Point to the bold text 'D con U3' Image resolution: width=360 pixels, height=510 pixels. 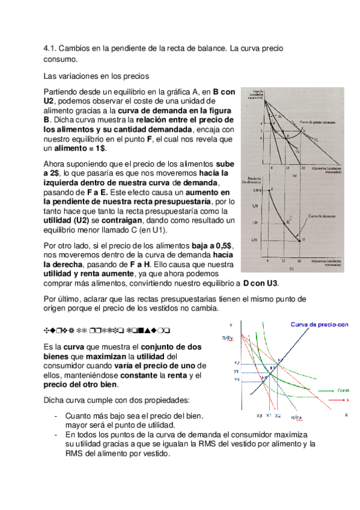coord(260,284)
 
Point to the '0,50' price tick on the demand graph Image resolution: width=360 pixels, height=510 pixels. coord(255,239)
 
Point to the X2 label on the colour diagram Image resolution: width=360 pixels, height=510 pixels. coord(277,416)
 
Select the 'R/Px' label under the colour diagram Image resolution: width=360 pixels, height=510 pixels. coord(296,417)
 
